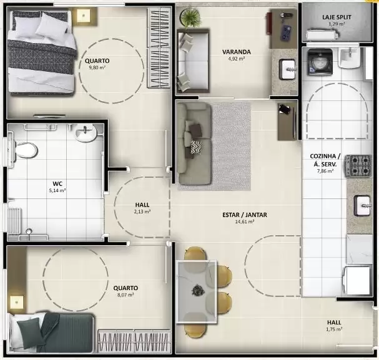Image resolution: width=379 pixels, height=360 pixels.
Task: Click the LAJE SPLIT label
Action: (x=337, y=17)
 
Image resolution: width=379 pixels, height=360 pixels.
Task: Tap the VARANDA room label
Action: (x=237, y=52)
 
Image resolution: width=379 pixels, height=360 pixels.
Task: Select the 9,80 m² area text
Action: (x=97, y=67)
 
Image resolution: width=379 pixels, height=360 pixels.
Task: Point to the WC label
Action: (x=57, y=183)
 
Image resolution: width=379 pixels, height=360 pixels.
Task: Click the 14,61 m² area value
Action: (x=245, y=221)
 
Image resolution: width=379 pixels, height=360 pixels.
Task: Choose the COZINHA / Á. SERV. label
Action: (x=325, y=160)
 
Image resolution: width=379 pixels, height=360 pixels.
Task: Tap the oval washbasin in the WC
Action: (x=86, y=133)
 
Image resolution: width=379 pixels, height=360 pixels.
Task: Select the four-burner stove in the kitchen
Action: (x=358, y=165)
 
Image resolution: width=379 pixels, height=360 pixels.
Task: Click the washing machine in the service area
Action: (x=320, y=62)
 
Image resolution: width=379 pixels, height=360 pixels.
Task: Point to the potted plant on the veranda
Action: (x=191, y=17)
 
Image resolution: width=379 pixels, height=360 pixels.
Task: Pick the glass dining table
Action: (x=196, y=291)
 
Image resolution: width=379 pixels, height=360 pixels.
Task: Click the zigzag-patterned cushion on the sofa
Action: (x=196, y=147)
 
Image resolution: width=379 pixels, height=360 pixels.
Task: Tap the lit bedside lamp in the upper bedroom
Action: (x=84, y=16)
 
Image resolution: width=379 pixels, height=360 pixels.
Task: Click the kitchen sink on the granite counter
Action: (x=362, y=205)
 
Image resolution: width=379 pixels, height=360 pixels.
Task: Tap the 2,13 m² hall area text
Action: (x=142, y=212)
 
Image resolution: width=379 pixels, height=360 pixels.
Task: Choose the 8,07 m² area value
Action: (x=126, y=295)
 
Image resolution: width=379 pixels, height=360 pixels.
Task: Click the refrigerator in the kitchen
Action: (x=358, y=280)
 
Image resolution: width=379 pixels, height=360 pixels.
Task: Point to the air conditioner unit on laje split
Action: (x=322, y=35)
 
